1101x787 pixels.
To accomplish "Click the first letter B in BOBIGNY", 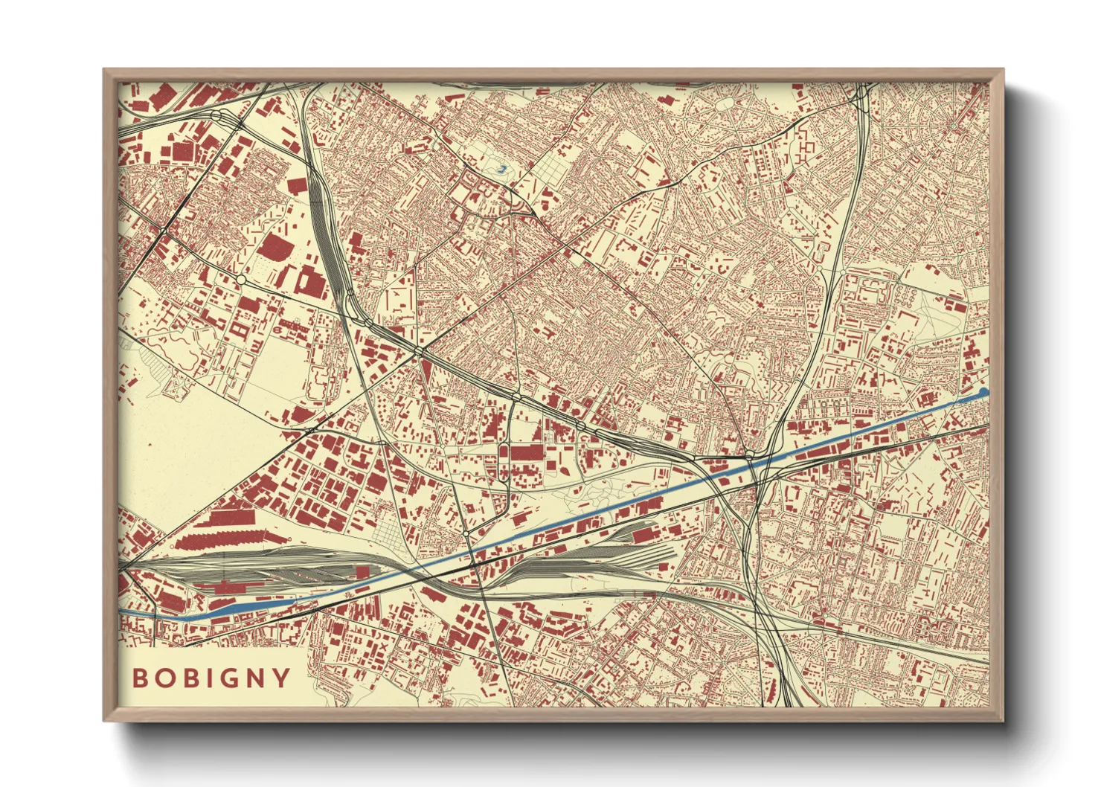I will pos(139,678).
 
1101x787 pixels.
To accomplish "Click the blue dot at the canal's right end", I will pos(983,392).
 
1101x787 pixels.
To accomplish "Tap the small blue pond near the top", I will pos(501,170).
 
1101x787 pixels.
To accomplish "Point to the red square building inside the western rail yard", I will pos(363,571).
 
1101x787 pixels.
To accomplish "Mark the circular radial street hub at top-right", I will pos(952,128).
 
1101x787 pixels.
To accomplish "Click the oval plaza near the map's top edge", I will pos(725,103).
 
